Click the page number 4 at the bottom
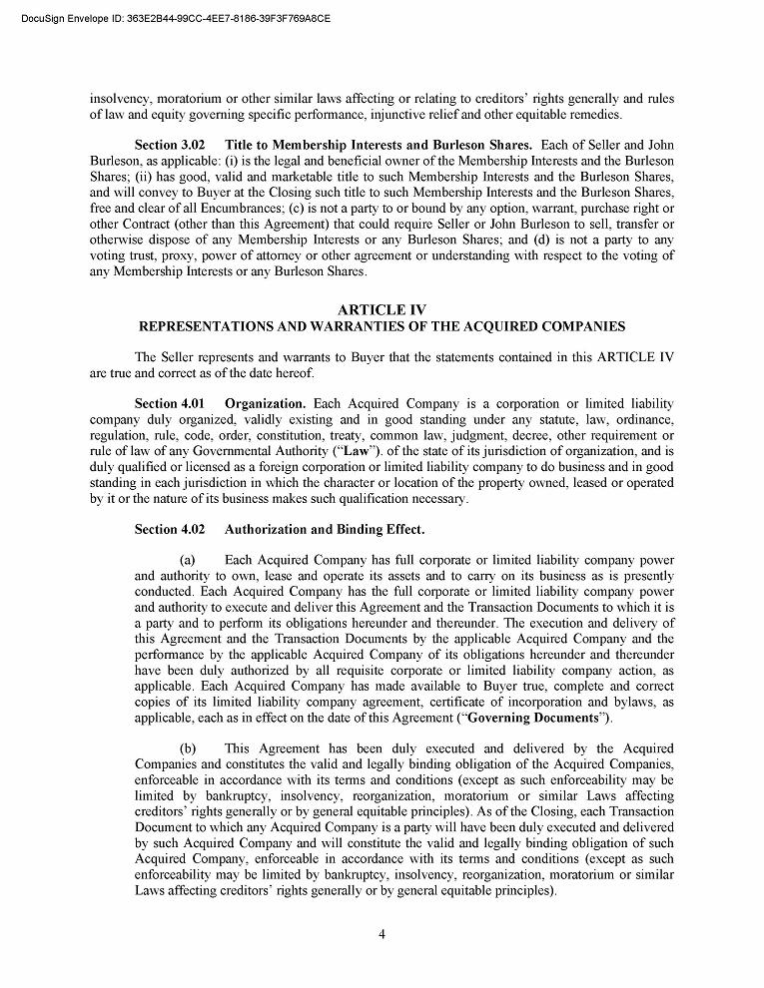tap(382, 934)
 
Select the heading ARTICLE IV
tap(382, 310)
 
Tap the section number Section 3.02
tap(170, 146)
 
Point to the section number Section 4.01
tap(170, 404)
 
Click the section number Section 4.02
tap(170, 529)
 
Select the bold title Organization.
tap(265, 404)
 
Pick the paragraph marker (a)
tap(187, 561)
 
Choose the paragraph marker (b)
tap(187, 748)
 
